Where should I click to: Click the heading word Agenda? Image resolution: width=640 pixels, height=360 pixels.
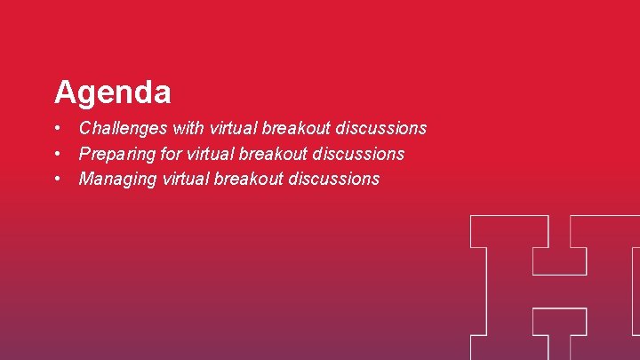point(112,92)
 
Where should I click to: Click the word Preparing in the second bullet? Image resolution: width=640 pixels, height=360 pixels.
point(117,154)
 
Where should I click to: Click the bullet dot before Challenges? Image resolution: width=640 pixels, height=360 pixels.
point(57,129)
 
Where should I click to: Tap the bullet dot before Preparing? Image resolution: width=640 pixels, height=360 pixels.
point(57,154)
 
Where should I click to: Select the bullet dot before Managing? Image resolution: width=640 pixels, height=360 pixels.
point(57,179)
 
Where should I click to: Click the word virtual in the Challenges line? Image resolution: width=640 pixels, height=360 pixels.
point(232,129)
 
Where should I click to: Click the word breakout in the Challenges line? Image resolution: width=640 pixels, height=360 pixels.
point(297,129)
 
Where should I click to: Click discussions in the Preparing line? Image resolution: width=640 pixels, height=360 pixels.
point(358,154)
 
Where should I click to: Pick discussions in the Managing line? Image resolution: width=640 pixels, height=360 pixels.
point(333,179)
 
